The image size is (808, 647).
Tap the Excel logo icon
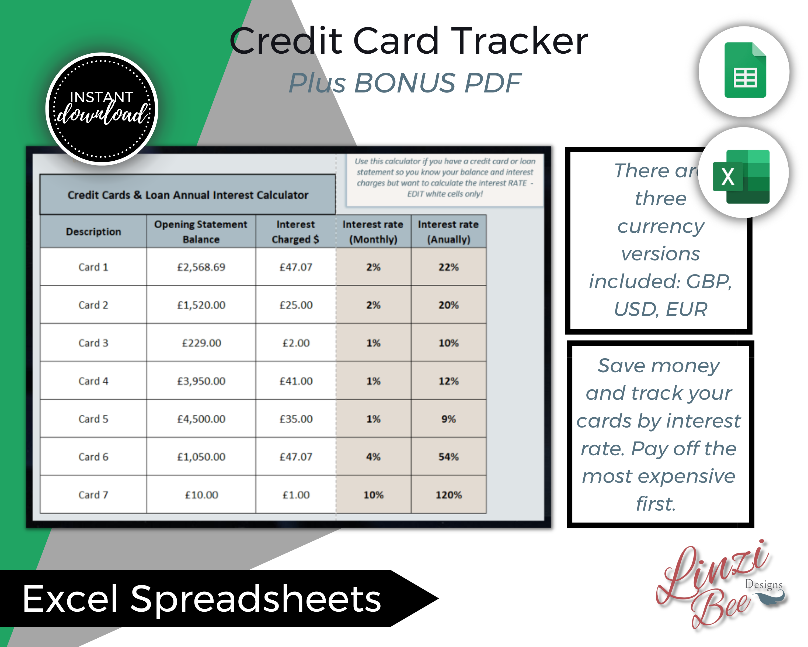click(x=741, y=176)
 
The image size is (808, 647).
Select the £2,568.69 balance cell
click(x=201, y=267)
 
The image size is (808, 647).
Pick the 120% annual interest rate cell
click(x=449, y=495)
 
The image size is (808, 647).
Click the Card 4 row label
click(x=93, y=381)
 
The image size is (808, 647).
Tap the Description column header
click(x=93, y=231)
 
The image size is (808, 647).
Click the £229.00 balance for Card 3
click(x=201, y=343)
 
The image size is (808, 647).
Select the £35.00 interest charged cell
click(x=296, y=419)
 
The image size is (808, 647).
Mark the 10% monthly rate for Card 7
click(x=373, y=495)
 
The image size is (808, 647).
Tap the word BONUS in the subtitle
click(x=405, y=82)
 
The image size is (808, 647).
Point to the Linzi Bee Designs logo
click(x=720, y=585)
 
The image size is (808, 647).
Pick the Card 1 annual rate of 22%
click(x=449, y=267)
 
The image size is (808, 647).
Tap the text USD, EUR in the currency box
click(x=660, y=309)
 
